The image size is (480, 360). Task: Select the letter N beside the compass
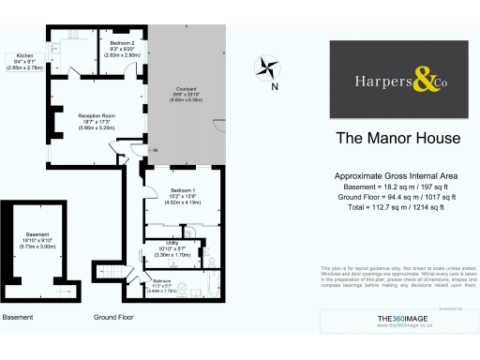pos(275,87)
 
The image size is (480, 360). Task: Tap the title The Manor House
pos(397,139)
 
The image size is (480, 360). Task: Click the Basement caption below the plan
pos(18,318)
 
